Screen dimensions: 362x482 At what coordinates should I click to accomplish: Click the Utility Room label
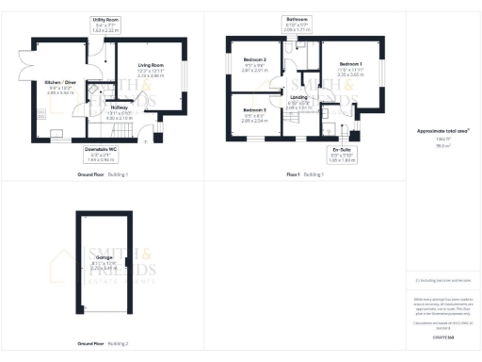click(105, 19)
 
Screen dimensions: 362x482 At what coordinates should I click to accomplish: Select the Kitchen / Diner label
click(60, 82)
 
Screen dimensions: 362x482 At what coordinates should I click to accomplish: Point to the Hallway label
click(119, 107)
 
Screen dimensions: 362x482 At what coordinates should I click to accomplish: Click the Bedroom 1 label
click(350, 64)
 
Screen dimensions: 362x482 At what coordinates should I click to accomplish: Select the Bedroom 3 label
click(254, 110)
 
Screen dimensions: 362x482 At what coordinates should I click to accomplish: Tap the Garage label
click(104, 256)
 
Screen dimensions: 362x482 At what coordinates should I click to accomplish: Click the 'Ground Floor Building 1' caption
click(104, 174)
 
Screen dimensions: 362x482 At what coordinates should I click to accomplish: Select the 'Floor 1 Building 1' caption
click(306, 174)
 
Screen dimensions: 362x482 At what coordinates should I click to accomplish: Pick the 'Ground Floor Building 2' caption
click(104, 340)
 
